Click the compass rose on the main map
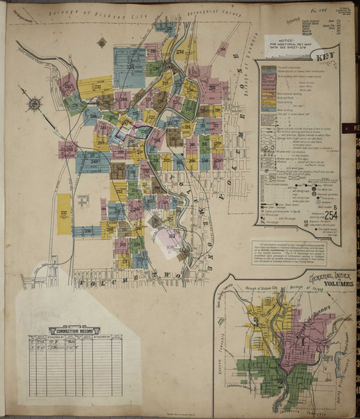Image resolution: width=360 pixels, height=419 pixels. click(x=34, y=105)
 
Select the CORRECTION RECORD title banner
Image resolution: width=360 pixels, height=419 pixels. click(x=74, y=329)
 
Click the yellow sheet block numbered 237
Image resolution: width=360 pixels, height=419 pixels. click(x=63, y=212)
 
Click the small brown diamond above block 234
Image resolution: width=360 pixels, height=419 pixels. click(x=102, y=42)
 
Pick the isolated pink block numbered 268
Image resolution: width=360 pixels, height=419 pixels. click(x=222, y=49)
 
